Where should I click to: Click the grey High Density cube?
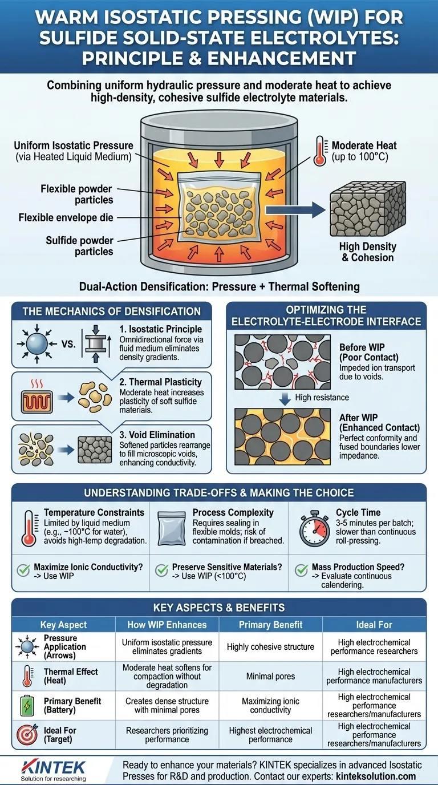click(x=368, y=209)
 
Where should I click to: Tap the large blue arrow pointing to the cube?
click(x=295, y=211)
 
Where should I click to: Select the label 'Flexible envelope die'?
click(x=66, y=217)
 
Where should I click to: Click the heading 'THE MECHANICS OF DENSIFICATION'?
click(x=112, y=311)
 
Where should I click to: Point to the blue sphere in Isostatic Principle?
click(x=37, y=344)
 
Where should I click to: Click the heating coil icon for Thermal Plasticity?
click(x=37, y=402)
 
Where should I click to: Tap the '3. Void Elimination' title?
click(x=157, y=435)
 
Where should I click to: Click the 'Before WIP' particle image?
click(x=282, y=362)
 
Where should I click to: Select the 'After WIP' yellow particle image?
click(x=282, y=436)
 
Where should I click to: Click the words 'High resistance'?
click(x=322, y=398)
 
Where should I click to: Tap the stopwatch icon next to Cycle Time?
click(x=314, y=529)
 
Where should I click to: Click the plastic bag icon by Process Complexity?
click(x=171, y=529)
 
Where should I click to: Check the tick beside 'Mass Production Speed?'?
click(x=301, y=570)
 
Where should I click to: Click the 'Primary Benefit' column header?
click(x=270, y=625)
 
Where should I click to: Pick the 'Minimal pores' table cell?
click(x=270, y=677)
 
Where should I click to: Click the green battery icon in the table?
click(x=27, y=706)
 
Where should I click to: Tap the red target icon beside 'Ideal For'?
click(x=27, y=735)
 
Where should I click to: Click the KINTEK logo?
click(x=53, y=770)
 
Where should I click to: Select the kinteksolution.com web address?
click(x=376, y=776)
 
